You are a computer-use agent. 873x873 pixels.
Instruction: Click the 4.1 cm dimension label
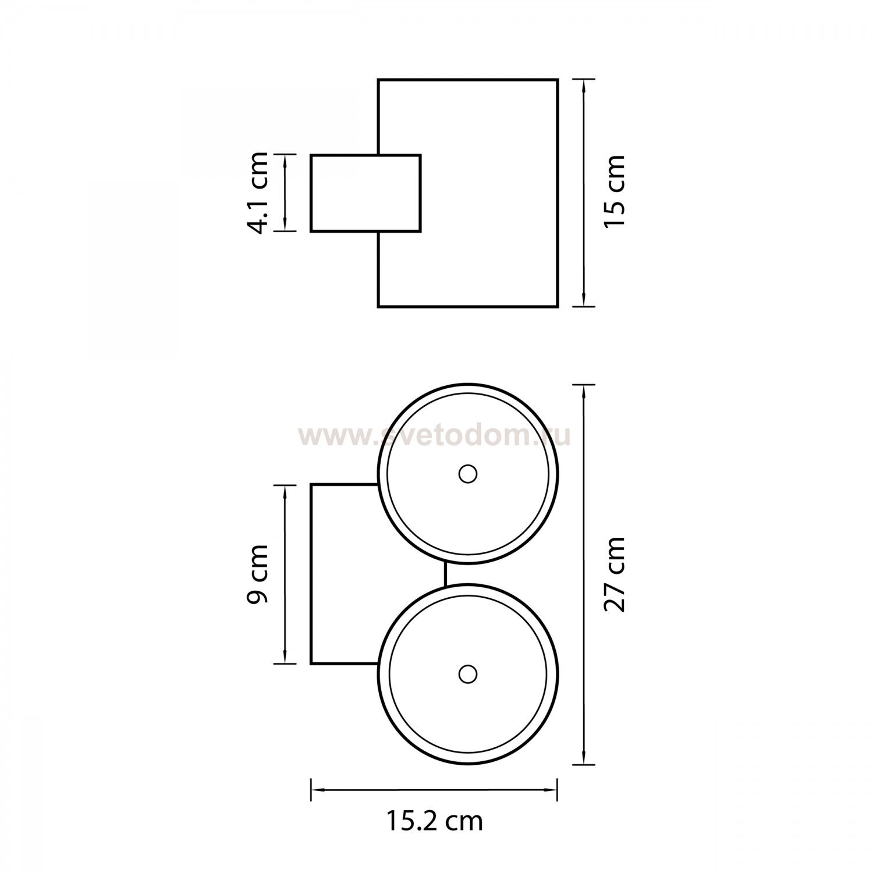pyautogui.click(x=258, y=193)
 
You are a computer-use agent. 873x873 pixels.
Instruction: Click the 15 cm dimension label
pyautogui.click(x=615, y=191)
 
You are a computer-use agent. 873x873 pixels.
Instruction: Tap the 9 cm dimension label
pyautogui.click(x=257, y=574)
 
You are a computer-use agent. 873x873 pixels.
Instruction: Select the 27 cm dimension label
pyautogui.click(x=615, y=574)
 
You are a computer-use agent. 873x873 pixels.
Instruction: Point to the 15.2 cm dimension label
pyautogui.click(x=435, y=821)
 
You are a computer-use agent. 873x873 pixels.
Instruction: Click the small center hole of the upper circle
pyautogui.click(x=467, y=474)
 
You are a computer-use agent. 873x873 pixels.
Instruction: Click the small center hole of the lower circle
pyautogui.click(x=467, y=674)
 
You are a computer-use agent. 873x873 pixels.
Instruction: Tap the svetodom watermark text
pyautogui.click(x=434, y=436)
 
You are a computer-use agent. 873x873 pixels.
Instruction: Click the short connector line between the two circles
pyautogui.click(x=445, y=573)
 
